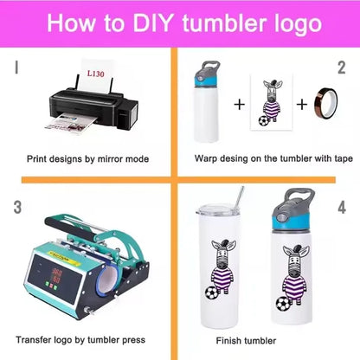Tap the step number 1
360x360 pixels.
[16, 66]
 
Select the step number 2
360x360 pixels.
[342, 67]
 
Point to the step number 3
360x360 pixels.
[16, 208]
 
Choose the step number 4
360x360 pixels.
[342, 208]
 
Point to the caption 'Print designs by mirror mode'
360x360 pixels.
[87, 159]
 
